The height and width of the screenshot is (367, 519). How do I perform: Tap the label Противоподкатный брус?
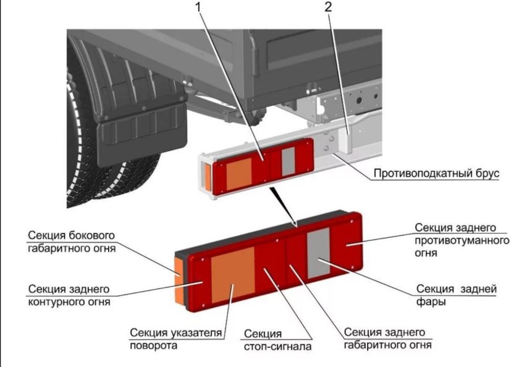(x=436, y=174)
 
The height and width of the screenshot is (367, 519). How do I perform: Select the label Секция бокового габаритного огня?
(x=72, y=242)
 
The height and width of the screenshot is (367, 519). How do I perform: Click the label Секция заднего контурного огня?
(x=69, y=295)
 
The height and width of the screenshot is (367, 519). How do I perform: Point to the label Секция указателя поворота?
(x=175, y=339)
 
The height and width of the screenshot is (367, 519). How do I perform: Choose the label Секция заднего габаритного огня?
(x=387, y=338)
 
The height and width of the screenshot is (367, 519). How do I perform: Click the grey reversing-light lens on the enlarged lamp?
(x=318, y=252)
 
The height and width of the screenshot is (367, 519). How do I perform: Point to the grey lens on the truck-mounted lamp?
(x=289, y=160)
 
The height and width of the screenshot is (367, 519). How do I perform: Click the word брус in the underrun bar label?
(x=485, y=174)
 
